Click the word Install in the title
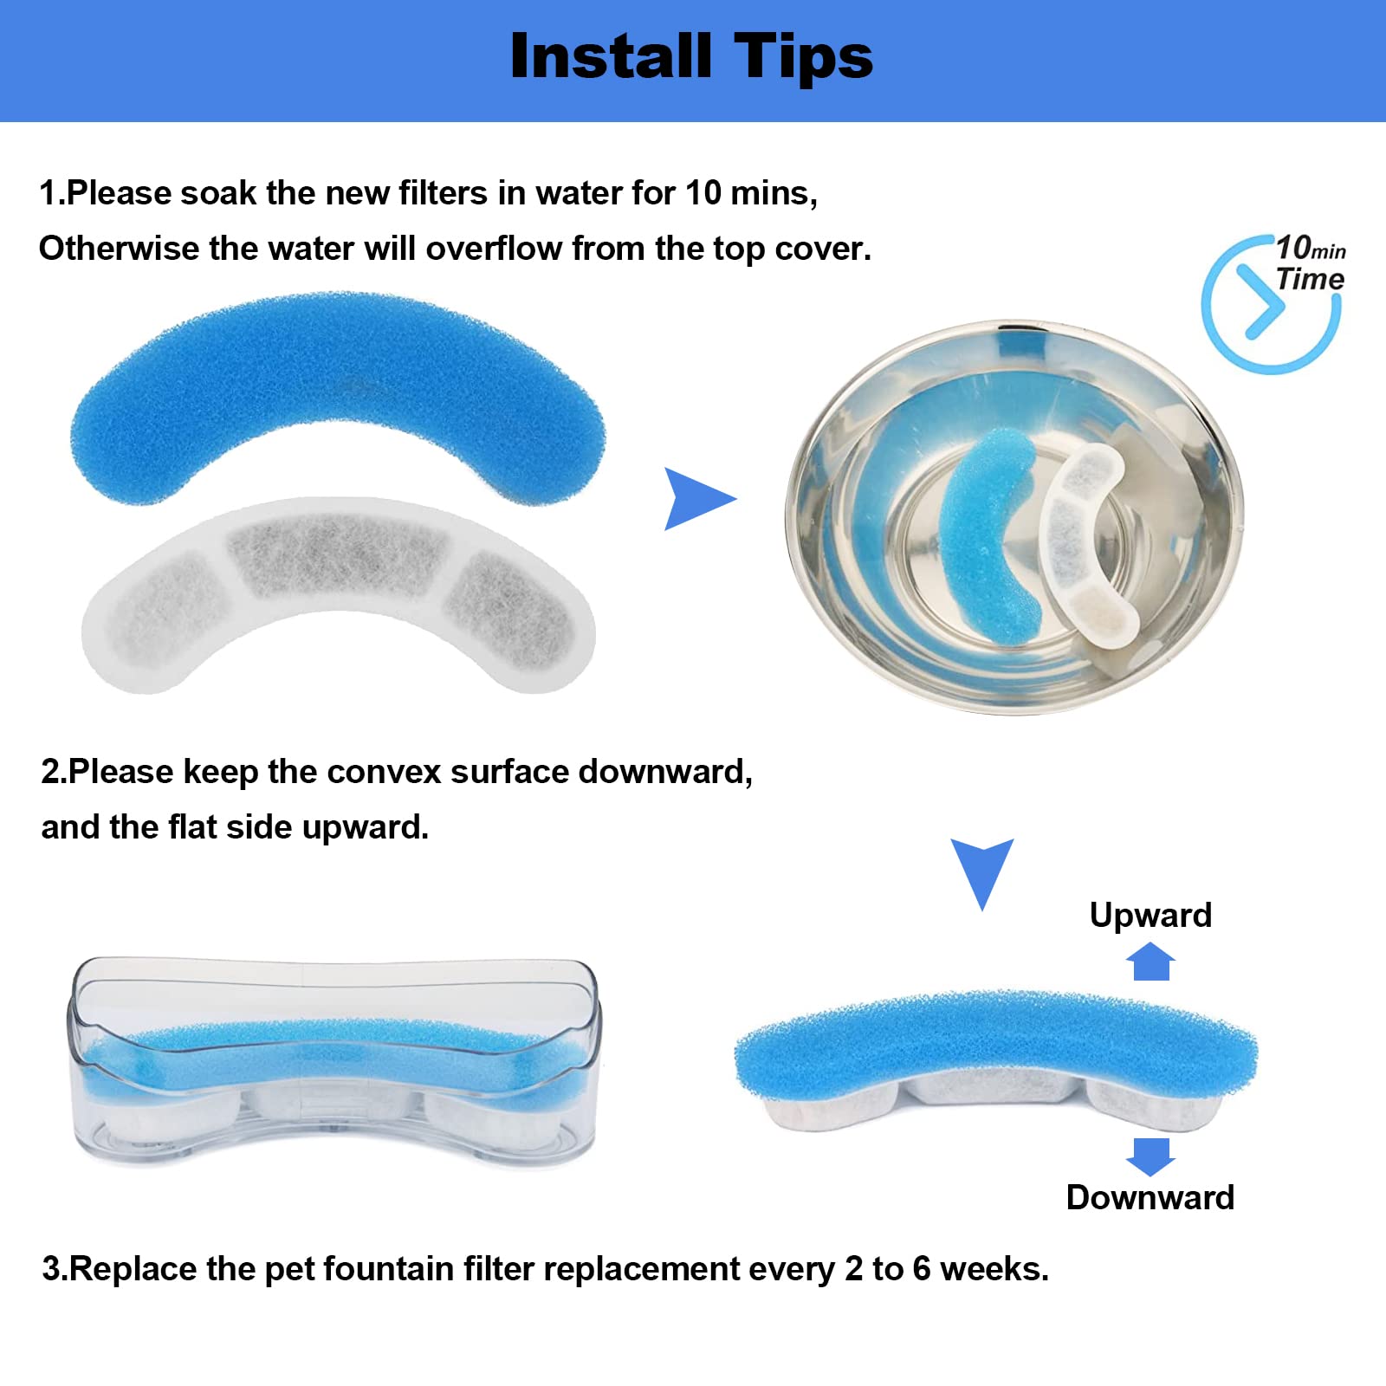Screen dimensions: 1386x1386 pyautogui.click(x=612, y=56)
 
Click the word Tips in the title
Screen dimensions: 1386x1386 pyautogui.click(x=805, y=58)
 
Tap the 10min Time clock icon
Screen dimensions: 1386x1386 pyautogui.click(x=1272, y=304)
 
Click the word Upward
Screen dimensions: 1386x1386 pyautogui.click(x=1150, y=916)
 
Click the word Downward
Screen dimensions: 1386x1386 pyautogui.click(x=1150, y=1197)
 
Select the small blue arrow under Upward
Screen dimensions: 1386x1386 pyautogui.click(x=1150, y=962)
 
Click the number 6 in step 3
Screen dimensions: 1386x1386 pyautogui.click(x=922, y=1269)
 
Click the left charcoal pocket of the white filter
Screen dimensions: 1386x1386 pyautogui.click(x=159, y=606)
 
